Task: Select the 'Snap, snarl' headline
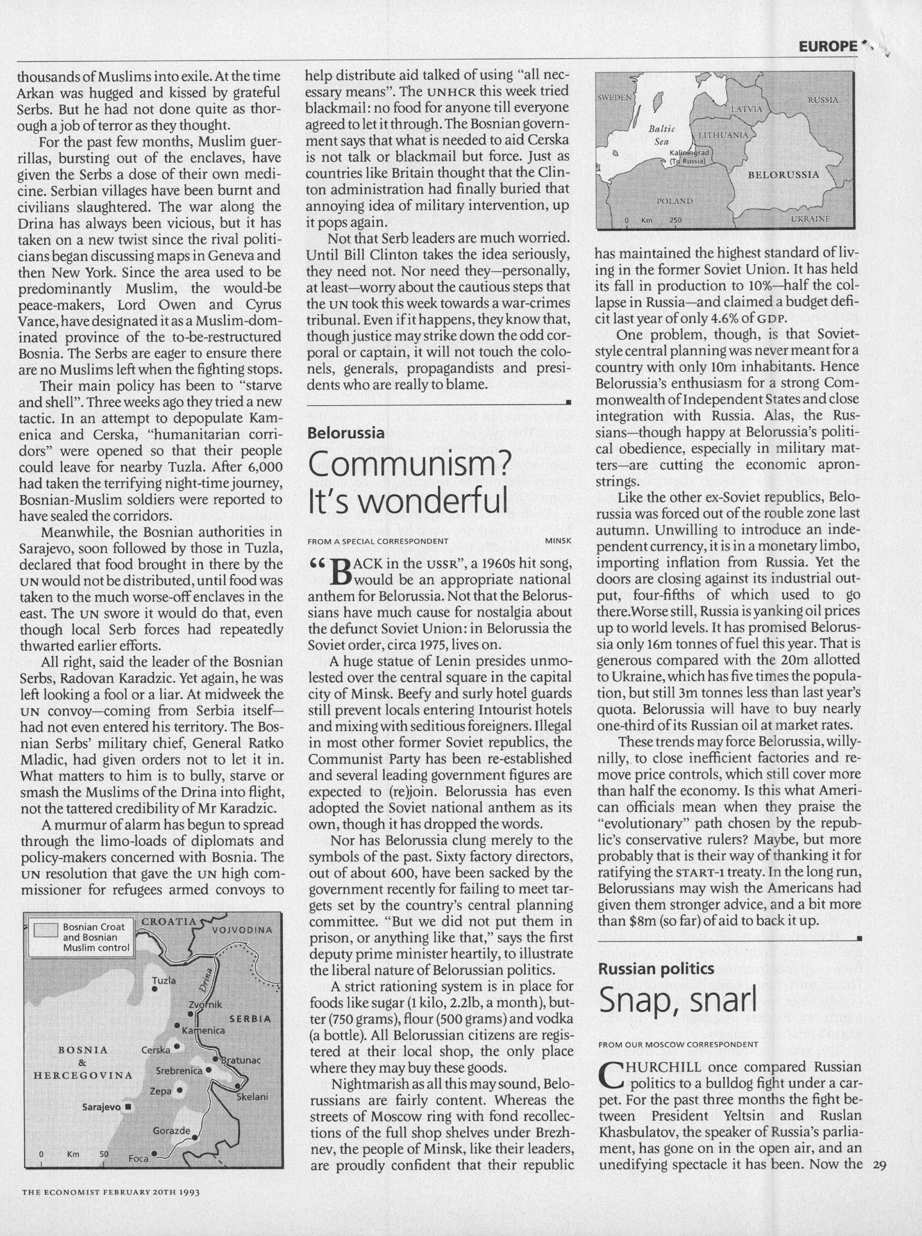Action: pos(677,1000)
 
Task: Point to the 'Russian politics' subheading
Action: pos(656,969)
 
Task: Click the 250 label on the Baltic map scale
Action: pos(675,221)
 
